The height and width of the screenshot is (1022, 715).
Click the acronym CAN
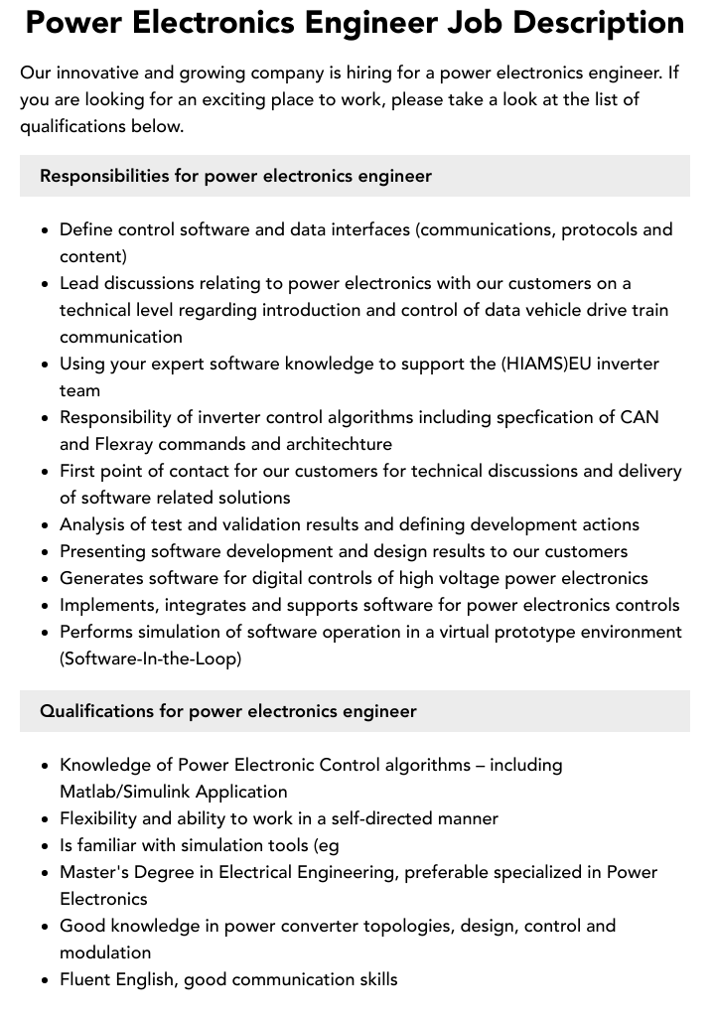pos(642,417)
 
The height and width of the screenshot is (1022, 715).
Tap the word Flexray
pos(135,444)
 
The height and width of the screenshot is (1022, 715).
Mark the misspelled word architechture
pos(333,444)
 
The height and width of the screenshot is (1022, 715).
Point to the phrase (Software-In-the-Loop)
pos(150,658)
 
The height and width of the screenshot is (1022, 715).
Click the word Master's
pos(95,872)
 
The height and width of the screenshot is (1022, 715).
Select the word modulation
pos(105,952)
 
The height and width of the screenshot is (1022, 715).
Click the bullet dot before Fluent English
pos(46,980)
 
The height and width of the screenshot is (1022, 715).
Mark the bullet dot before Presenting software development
pos(46,552)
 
